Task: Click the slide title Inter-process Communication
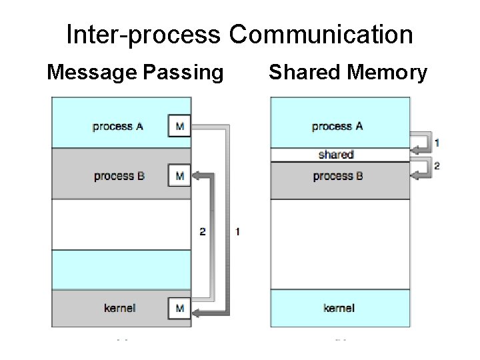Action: click(239, 35)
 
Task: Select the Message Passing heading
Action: click(135, 72)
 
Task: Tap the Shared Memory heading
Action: click(347, 72)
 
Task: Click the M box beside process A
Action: click(179, 126)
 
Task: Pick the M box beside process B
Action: click(179, 176)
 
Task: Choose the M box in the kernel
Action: click(179, 307)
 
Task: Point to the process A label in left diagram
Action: click(118, 126)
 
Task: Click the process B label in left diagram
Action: click(119, 176)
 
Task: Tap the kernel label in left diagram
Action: click(120, 307)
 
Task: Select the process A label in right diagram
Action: click(337, 126)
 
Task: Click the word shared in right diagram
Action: click(336, 155)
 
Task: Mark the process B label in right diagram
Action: click(338, 176)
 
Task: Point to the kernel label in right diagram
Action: click(339, 307)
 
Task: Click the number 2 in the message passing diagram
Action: click(203, 232)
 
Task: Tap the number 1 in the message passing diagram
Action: click(238, 232)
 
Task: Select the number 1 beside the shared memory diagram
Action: click(437, 143)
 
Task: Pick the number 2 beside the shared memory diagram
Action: click(437, 166)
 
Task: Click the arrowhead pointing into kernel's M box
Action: click(197, 308)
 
